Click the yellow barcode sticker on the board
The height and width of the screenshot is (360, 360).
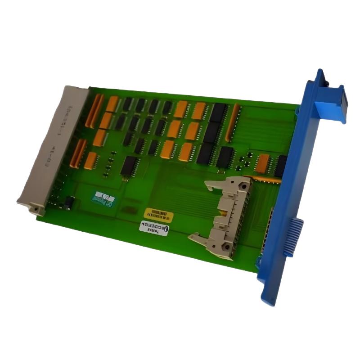point(158,214)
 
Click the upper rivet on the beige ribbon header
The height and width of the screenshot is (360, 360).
point(243,185)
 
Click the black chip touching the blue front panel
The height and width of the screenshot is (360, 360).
point(280,166)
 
